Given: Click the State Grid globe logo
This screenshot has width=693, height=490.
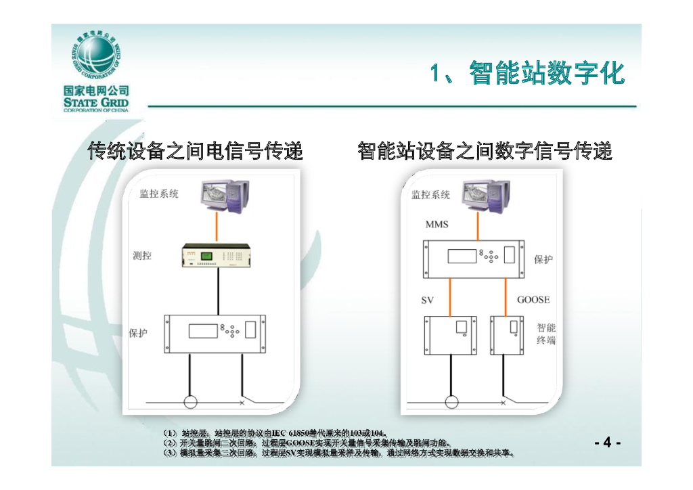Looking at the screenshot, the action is (95, 57).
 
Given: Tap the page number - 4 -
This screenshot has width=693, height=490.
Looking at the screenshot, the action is (607, 443).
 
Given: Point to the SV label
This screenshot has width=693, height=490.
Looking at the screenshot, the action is (427, 300).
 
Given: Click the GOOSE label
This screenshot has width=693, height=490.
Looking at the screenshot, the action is (533, 300).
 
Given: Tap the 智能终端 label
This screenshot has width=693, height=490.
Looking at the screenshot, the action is (546, 334).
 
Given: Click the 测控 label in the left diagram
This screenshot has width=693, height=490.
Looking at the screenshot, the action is (142, 256).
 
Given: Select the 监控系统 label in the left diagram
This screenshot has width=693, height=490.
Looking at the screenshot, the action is (159, 194).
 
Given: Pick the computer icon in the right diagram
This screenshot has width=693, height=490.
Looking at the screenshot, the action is (485, 196).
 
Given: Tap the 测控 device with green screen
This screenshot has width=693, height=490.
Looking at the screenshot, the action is (217, 257).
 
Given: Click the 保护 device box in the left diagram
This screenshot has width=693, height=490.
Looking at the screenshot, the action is (214, 333).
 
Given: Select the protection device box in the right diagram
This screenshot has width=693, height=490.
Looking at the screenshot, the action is (474, 259).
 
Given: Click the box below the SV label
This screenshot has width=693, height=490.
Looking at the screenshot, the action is (449, 334).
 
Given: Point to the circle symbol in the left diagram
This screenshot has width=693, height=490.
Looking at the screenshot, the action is (191, 403).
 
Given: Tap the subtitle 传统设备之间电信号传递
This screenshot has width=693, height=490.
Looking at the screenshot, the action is (196, 151).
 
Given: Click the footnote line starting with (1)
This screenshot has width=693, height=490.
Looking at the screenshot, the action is (276, 432).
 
